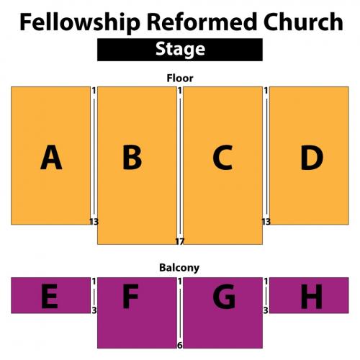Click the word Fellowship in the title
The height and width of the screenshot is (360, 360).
pos(80,22)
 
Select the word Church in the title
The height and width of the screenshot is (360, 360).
pos(303,22)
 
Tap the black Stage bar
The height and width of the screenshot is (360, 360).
pos(180,50)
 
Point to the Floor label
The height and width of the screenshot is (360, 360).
pos(180,78)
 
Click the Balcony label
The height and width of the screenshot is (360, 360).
pos(179,268)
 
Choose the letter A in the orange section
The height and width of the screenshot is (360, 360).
pos(51,157)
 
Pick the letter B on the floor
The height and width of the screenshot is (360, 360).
pos(132,157)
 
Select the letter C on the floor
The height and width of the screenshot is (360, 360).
pos(222,157)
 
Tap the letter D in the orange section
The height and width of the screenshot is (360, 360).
pos(312,157)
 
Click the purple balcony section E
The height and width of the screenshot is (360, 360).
pos(50,295)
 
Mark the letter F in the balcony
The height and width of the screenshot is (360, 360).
pos(130,296)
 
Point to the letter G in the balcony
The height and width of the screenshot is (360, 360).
pos(224,296)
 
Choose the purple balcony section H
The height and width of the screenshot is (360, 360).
pos(309,295)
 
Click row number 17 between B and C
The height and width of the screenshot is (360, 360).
pos(180,241)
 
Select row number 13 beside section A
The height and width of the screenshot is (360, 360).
pos(94,222)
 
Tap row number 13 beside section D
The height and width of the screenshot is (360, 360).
pos(266,222)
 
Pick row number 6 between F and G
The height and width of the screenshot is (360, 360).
pos(180,345)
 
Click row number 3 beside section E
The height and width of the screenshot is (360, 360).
pos(94,310)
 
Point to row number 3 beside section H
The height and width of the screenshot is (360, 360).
pos(266,310)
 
